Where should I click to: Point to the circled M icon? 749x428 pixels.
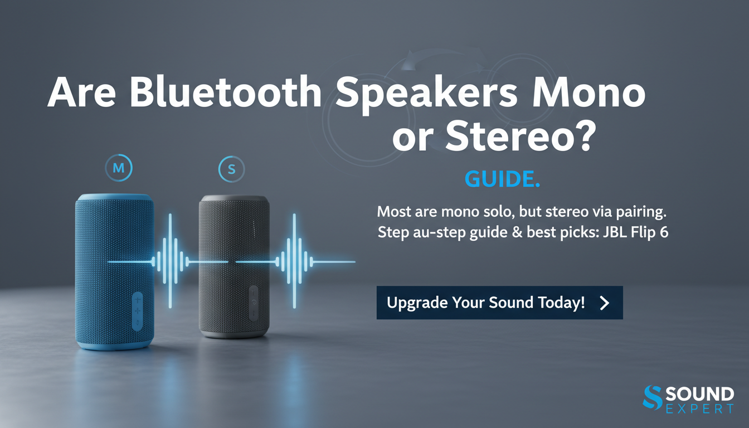[118, 168]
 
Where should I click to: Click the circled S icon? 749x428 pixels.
[232, 169]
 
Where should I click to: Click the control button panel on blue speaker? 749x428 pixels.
[137, 311]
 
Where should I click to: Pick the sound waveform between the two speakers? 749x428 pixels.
[170, 261]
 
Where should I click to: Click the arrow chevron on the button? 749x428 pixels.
[604, 303]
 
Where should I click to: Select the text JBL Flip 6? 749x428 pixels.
[634, 232]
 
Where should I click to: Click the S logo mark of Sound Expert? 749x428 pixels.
[652, 398]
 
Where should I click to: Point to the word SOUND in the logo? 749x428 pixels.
[699, 395]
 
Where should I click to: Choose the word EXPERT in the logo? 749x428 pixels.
[699, 410]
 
